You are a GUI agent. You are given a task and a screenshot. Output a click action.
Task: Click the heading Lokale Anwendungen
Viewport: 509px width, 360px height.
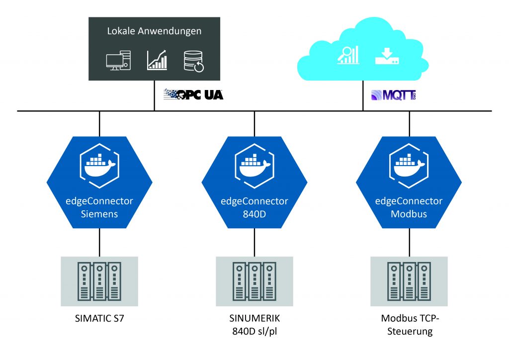click(154, 31)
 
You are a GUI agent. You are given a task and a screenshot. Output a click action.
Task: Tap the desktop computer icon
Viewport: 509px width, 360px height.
click(118, 61)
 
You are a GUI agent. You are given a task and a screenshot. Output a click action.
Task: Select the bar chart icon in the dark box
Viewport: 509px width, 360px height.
click(157, 60)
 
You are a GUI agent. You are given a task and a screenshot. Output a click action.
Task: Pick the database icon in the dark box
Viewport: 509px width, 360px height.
click(194, 61)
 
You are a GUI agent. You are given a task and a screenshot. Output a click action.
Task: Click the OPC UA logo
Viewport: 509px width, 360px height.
click(193, 94)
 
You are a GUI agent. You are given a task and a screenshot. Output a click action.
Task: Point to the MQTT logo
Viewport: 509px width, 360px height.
click(393, 95)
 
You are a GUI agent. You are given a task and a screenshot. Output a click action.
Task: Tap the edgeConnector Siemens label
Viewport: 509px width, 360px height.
click(99, 207)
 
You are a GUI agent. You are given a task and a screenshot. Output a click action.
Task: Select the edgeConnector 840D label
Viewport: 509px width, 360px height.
click(254, 207)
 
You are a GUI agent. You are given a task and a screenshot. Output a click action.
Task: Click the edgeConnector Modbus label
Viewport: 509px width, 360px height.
click(409, 207)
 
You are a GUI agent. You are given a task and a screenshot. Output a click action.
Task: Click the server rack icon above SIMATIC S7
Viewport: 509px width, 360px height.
click(99, 281)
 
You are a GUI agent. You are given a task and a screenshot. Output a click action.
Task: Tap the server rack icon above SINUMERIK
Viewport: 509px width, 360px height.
click(254, 281)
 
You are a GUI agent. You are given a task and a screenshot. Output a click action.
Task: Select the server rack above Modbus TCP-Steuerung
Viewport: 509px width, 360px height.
click(409, 281)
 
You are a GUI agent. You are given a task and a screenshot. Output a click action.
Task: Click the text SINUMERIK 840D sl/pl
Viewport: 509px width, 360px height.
click(254, 325)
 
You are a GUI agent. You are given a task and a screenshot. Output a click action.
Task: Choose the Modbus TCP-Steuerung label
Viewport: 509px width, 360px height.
click(409, 325)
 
